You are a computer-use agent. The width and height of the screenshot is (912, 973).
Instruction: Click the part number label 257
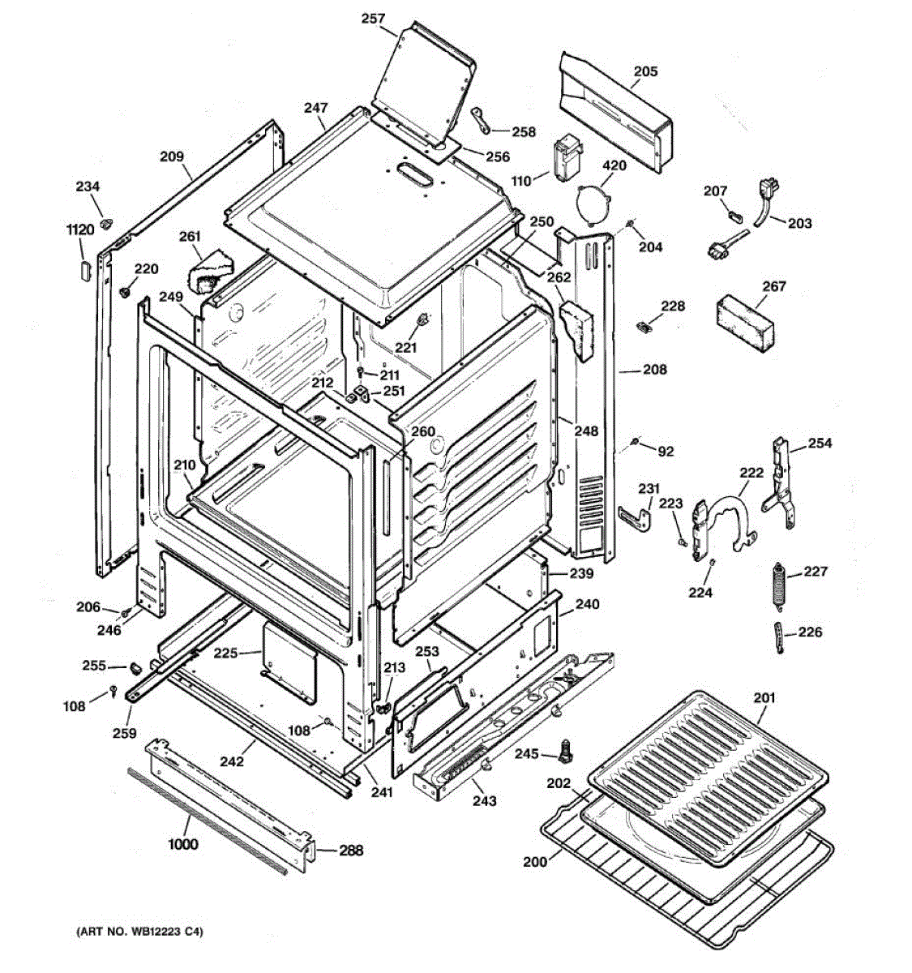point(374,19)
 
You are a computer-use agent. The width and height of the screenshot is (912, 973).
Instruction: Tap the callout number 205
point(645,71)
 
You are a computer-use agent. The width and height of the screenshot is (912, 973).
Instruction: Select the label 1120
point(80,230)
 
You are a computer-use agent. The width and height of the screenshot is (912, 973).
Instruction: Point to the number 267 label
point(774,286)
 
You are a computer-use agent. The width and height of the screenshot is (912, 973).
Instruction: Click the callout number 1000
point(183,844)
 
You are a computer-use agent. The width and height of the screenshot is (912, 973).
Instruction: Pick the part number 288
point(351,851)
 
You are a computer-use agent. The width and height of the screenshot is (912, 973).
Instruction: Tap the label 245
point(526,754)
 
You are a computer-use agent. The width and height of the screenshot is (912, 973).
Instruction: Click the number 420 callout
point(614,166)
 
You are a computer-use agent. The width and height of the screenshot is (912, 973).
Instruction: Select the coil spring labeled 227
point(779,584)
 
